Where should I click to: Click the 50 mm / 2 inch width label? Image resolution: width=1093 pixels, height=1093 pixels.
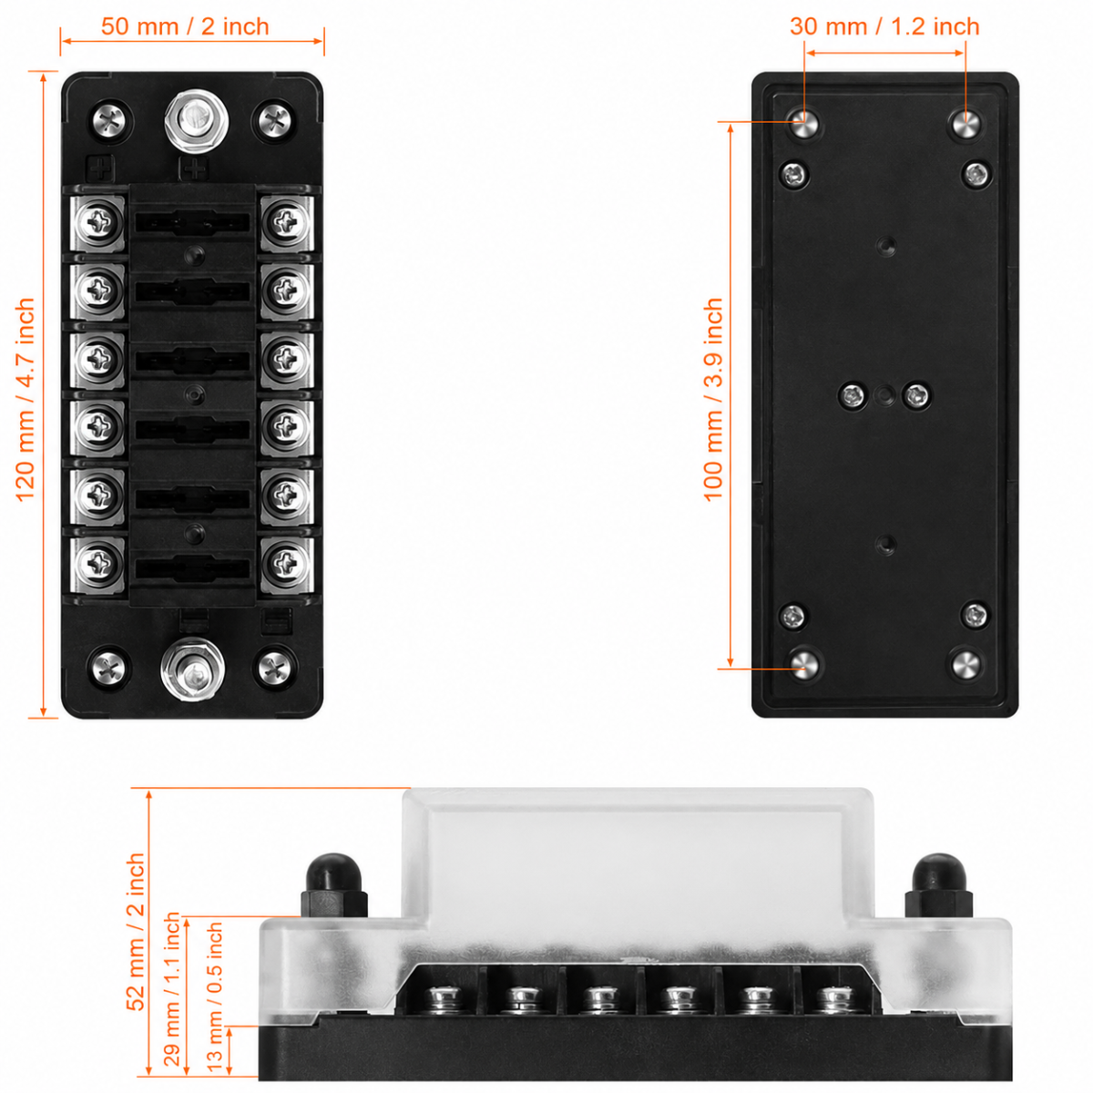pos(185,26)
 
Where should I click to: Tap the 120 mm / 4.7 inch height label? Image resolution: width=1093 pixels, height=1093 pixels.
pos(25,400)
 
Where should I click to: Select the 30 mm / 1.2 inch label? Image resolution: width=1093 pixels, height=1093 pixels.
pos(884,26)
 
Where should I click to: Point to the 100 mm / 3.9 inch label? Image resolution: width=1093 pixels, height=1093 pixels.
pos(713,399)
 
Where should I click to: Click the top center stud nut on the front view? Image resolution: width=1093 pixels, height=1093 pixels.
pos(196,120)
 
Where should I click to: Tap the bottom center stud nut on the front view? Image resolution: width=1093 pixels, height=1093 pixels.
pos(193,669)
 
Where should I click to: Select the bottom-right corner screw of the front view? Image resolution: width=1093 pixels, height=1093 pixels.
pos(274,668)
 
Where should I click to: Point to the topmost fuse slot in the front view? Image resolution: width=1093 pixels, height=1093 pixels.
pos(193,221)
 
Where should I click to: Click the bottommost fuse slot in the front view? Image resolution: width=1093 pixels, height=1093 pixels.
pos(193,567)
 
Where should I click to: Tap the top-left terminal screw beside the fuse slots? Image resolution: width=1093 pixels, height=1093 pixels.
pos(98,220)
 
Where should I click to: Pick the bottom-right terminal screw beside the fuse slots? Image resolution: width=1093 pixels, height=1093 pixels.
pos(287,562)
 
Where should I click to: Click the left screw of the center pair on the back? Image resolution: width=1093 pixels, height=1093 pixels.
pos(853,395)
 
